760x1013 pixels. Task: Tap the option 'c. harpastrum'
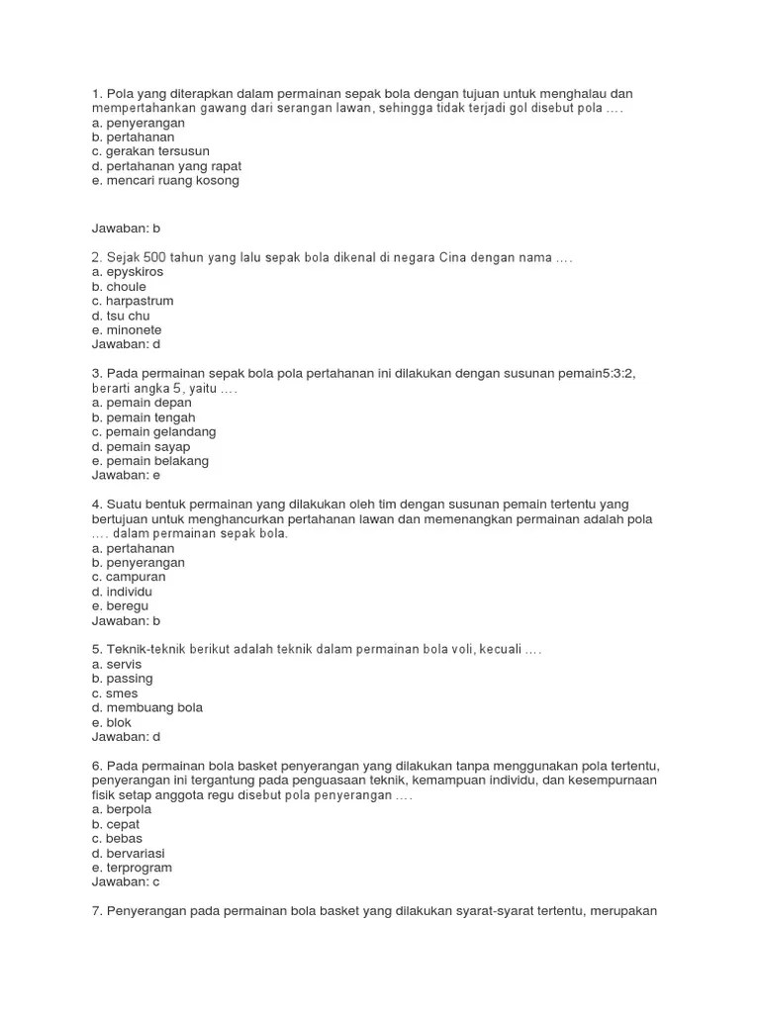coord(133,301)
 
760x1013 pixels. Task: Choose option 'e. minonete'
coord(127,329)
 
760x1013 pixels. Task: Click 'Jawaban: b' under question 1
coord(126,228)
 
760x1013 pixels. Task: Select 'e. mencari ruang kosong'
coord(165,181)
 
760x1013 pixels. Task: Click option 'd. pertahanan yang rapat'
coord(166,166)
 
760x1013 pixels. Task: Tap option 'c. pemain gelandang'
coord(153,432)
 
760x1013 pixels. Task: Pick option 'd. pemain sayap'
coord(141,446)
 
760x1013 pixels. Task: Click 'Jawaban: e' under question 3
coord(126,475)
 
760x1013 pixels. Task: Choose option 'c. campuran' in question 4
coord(129,577)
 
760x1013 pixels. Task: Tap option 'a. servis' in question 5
coord(115,664)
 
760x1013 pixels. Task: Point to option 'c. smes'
coord(115,693)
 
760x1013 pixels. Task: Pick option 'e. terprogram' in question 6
coord(132,868)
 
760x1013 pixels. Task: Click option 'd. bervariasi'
coord(129,853)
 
